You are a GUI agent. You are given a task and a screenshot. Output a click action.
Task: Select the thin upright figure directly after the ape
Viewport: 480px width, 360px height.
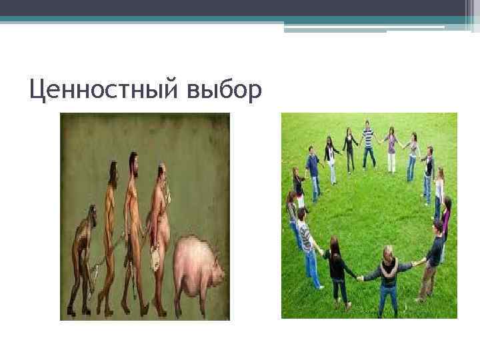109,233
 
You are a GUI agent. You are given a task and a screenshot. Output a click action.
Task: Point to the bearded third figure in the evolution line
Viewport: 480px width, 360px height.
133,227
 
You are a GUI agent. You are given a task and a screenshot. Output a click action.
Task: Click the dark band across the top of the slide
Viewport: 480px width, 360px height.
240,7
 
